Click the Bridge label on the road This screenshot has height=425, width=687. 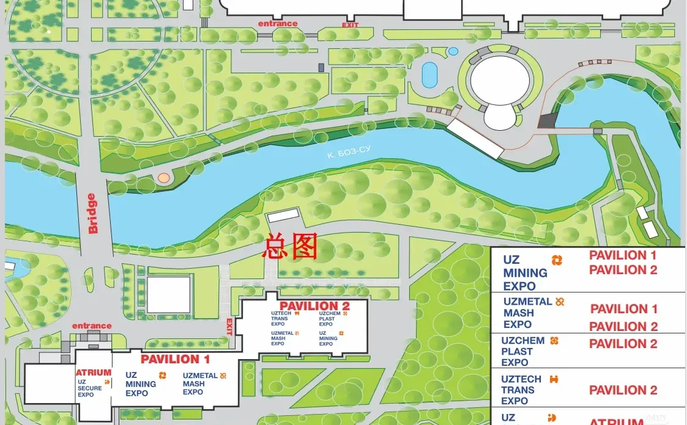pyautogui.click(x=92, y=214)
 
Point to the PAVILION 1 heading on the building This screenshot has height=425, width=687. pyautogui.click(x=175, y=359)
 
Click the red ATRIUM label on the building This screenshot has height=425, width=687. pyautogui.click(x=94, y=372)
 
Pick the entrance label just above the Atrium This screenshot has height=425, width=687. pyautogui.click(x=92, y=326)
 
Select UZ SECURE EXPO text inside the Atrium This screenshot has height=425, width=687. pyautogui.click(x=90, y=388)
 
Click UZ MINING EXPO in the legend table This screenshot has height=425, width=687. pyautogui.click(x=525, y=273)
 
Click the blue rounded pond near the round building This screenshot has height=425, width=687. pyautogui.click(x=430, y=74)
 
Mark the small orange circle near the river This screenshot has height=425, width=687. pyautogui.click(x=163, y=178)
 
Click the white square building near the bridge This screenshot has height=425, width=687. pyautogui.click(x=169, y=294)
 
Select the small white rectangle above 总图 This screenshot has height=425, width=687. pyautogui.click(x=283, y=216)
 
